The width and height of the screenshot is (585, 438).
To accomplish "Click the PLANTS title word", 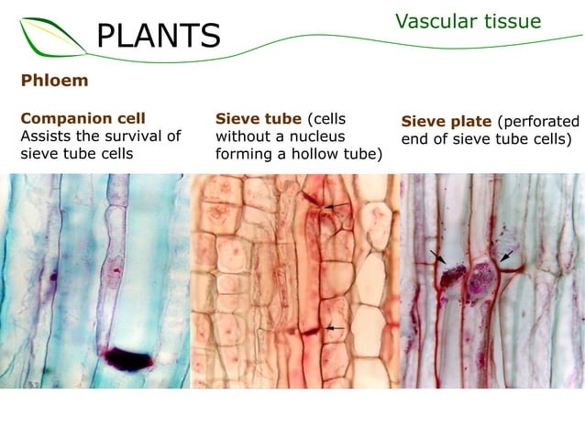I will point(159,36).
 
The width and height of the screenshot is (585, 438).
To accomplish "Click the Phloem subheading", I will point(54,81).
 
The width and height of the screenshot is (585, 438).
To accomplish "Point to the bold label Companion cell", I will point(83,118).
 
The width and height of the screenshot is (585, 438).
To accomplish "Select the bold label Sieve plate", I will point(447,122).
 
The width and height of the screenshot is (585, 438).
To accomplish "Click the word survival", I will point(134,136).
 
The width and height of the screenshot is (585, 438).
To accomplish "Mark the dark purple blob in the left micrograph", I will point(128,358).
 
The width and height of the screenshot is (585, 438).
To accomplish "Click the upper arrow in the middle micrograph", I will point(337,205).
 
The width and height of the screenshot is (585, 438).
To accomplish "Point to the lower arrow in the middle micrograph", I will point(335,327).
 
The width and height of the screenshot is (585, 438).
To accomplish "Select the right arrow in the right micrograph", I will point(505,254).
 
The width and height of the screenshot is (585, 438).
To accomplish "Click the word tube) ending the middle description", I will point(360,153).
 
